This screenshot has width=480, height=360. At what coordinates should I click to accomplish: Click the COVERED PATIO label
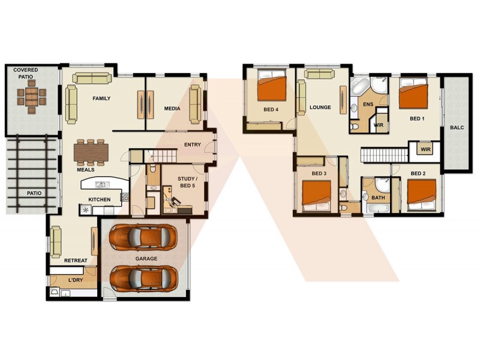[x=26, y=73]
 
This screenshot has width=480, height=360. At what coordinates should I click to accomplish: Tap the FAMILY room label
[x=101, y=98]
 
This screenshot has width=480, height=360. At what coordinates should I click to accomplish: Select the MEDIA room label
[x=173, y=109]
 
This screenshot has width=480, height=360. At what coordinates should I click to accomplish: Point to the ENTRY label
[x=193, y=145]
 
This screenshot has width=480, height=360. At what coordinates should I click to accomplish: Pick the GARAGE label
[x=146, y=259]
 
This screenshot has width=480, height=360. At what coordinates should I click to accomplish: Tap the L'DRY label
[x=76, y=280]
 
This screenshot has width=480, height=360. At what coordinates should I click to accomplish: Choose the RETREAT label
[x=76, y=260]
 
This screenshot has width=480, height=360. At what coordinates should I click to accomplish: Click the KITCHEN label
[x=100, y=199]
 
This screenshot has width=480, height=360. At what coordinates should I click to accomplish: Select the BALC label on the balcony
[x=456, y=127]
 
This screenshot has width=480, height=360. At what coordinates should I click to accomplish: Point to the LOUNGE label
[x=320, y=108]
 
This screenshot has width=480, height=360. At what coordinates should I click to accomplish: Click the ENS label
[x=368, y=104]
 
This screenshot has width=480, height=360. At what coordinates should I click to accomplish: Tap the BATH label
[x=378, y=197]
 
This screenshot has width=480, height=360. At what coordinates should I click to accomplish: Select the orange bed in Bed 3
[x=316, y=194]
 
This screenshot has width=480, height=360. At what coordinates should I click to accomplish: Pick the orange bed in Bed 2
[x=421, y=193]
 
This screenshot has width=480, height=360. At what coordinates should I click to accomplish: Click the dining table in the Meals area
[x=91, y=152]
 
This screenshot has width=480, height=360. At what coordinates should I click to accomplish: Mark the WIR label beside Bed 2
[x=425, y=149]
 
